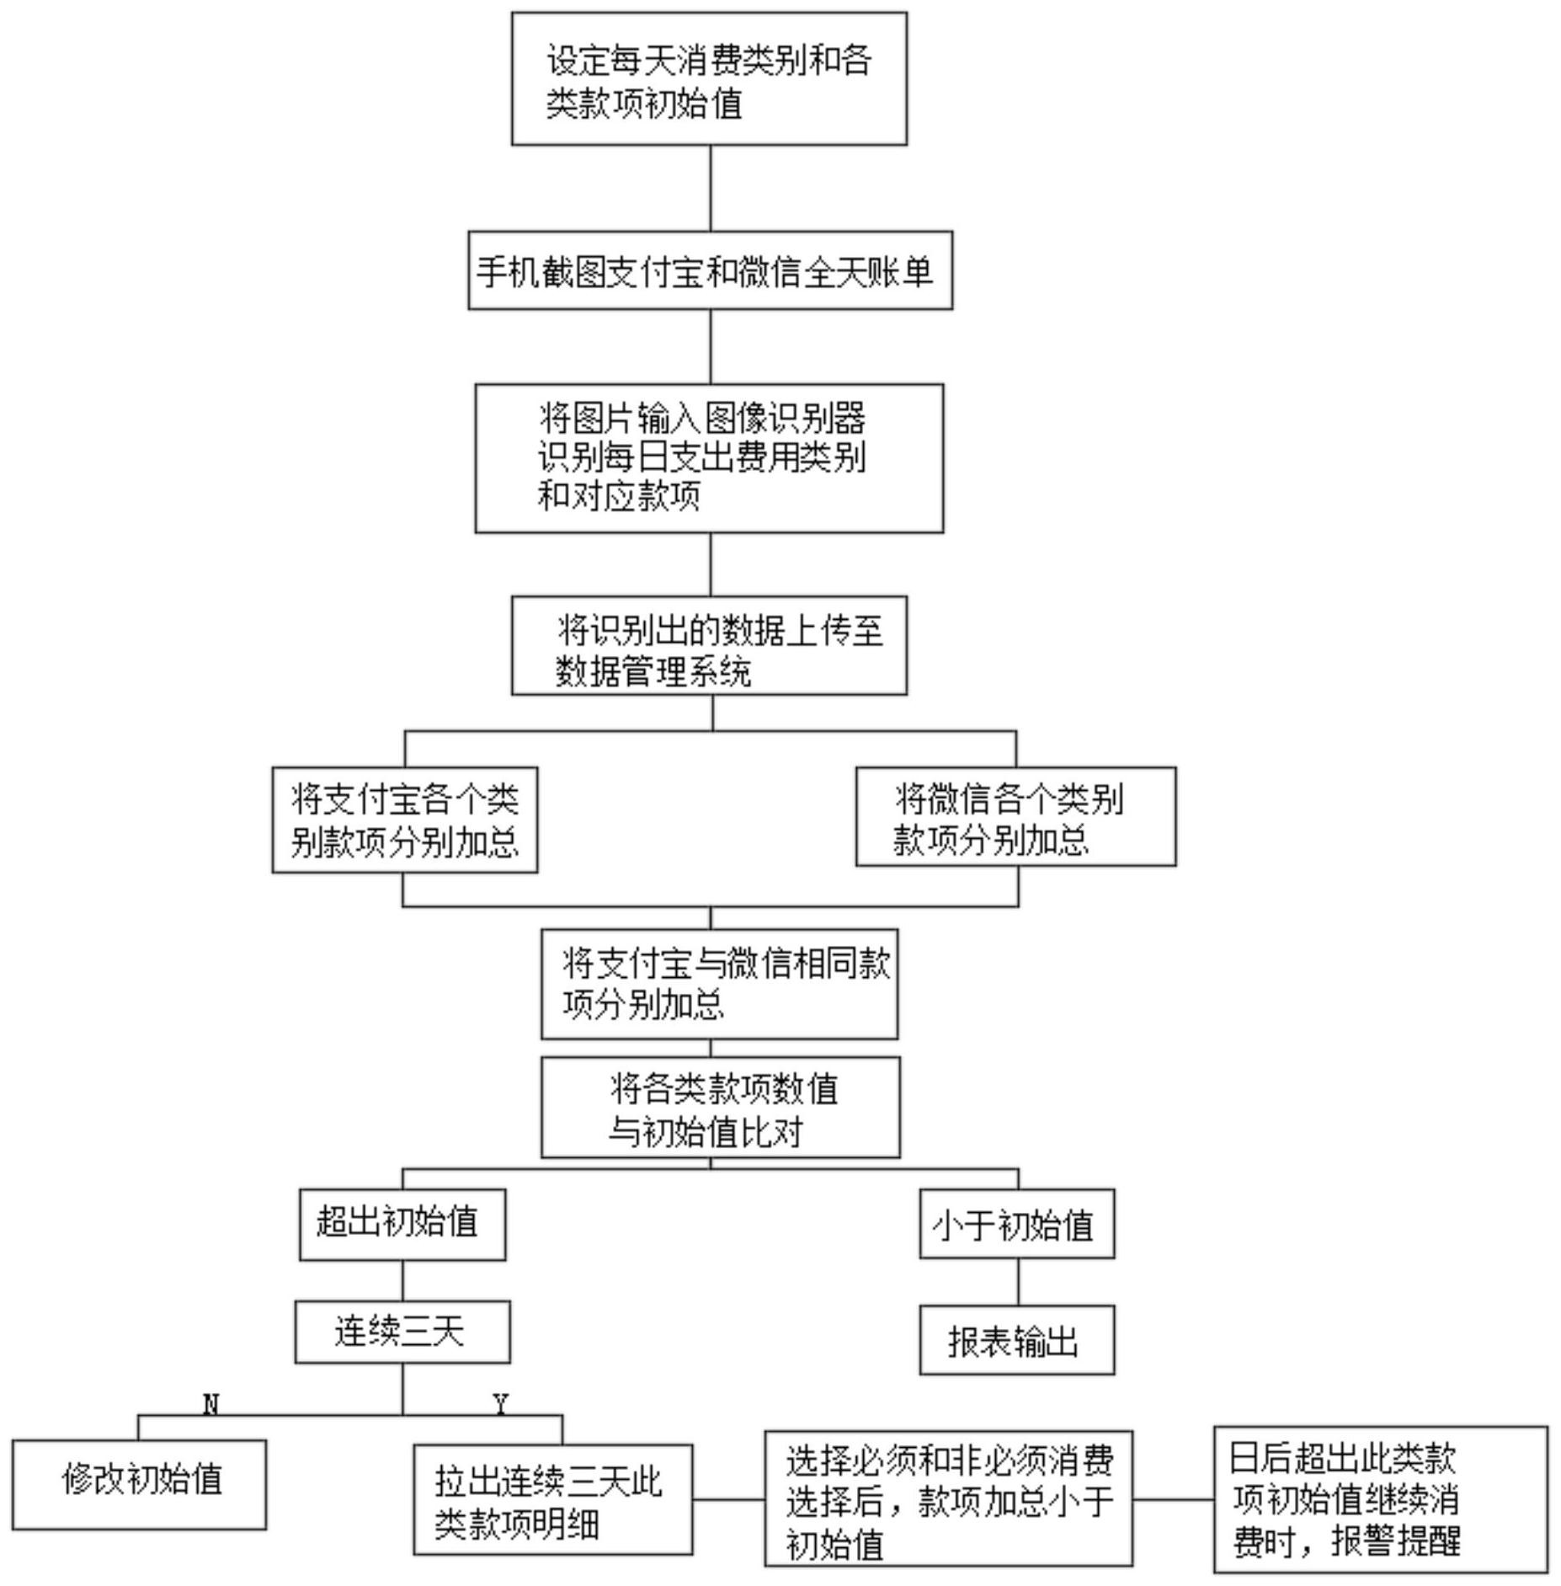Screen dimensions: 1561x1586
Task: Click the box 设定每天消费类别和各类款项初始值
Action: (709, 78)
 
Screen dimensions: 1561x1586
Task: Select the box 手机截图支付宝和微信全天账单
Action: (710, 270)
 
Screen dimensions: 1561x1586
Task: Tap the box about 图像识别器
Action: (709, 458)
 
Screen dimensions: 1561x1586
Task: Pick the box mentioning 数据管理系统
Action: (709, 645)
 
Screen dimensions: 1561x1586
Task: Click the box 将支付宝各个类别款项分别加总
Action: (405, 820)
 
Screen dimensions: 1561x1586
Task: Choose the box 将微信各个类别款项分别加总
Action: (1015, 816)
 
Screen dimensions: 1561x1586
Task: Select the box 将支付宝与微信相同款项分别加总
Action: (719, 984)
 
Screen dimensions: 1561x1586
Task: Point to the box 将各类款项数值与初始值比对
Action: (720, 1107)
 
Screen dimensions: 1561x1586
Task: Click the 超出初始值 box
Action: (402, 1225)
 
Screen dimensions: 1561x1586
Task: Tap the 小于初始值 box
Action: (1017, 1224)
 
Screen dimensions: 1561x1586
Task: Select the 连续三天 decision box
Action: (402, 1332)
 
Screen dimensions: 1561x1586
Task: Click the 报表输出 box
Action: (1017, 1340)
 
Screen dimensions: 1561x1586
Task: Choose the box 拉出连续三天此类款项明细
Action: (553, 1499)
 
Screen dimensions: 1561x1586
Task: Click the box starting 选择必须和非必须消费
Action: (948, 1498)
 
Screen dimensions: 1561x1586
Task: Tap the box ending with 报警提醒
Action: (1381, 1499)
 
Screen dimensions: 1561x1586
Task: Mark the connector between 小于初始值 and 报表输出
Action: (1018, 1282)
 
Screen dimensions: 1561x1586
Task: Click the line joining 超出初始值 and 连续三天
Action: (402, 1280)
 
